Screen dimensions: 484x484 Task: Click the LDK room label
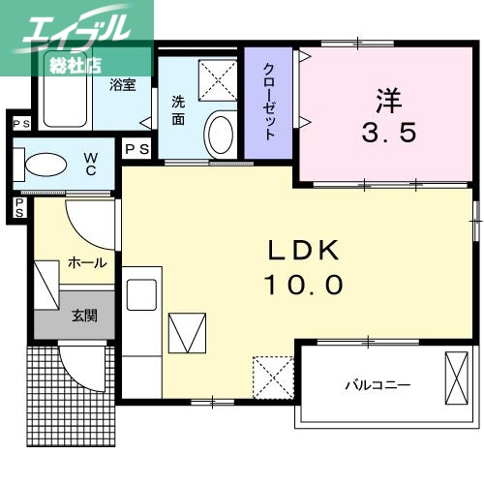pos(303,251)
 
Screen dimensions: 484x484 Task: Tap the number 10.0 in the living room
pos(303,285)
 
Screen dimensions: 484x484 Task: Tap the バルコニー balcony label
pos(378,384)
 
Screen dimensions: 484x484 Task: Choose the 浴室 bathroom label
pos(122,84)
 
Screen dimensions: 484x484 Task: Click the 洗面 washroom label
pos(179,110)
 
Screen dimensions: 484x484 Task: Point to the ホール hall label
pos(87,262)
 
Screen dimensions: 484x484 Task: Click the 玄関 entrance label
pos(83,315)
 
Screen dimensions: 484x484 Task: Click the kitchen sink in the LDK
pos(141,293)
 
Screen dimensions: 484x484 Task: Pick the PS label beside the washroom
pos(136,149)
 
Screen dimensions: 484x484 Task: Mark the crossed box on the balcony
pos(454,378)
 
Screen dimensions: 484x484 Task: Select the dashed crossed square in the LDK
pos(272,375)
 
